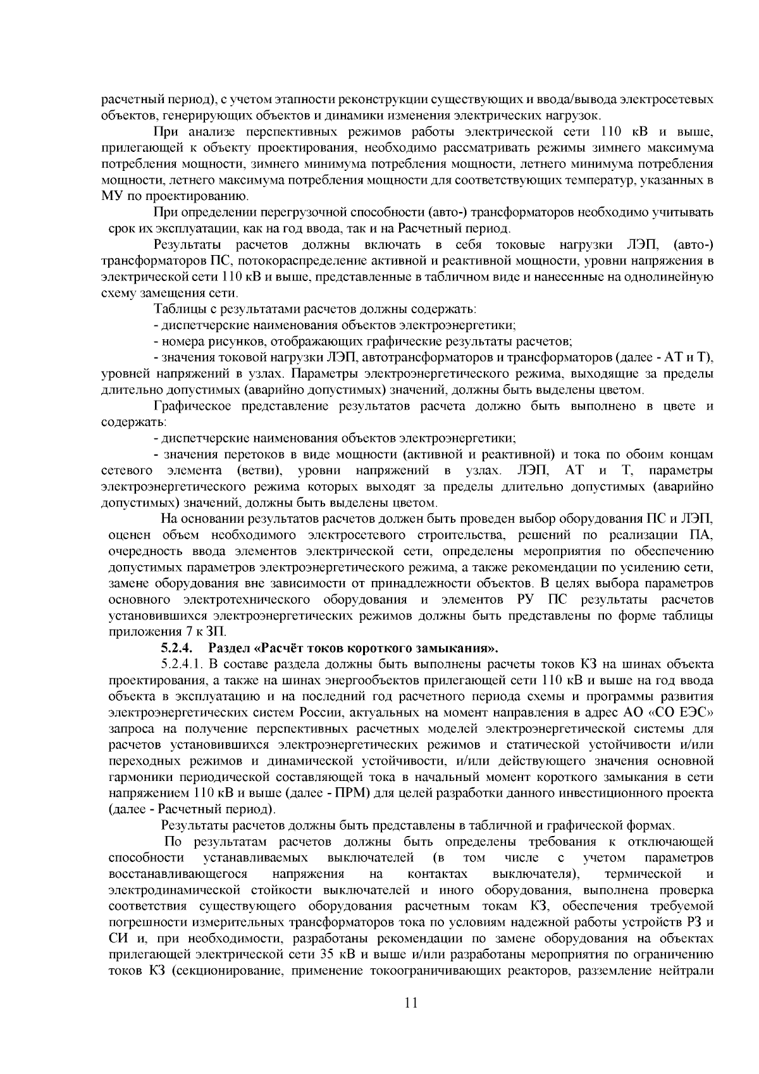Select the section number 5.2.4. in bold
tap(176, 647)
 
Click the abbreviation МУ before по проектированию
tap(111, 196)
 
